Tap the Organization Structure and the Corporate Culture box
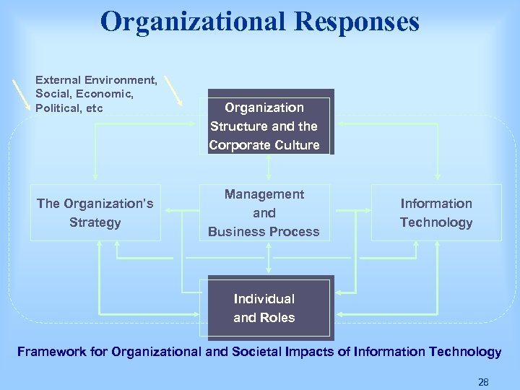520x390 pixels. (x=264, y=126)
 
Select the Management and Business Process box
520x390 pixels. (x=264, y=213)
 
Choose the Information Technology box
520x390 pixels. (x=436, y=213)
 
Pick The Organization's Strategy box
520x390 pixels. (x=95, y=213)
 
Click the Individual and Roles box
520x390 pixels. (x=264, y=308)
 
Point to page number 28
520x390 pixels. (x=483, y=381)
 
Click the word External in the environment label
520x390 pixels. (x=58, y=79)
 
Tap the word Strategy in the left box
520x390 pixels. (x=95, y=222)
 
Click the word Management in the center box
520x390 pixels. (x=264, y=194)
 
